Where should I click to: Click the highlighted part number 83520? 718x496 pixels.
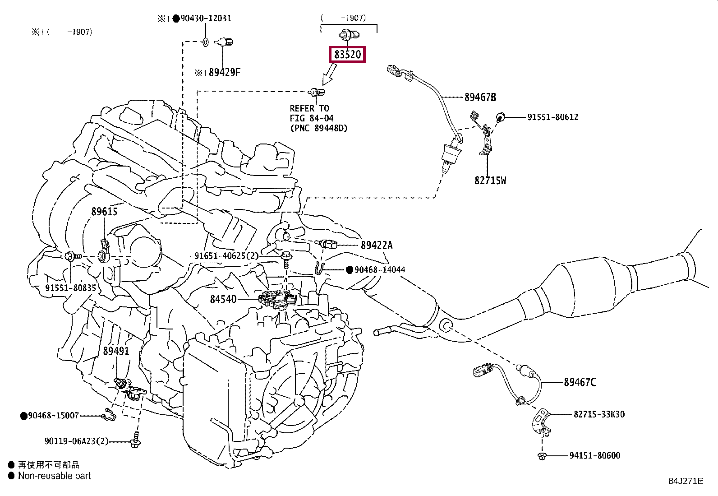pyautogui.click(x=347, y=55)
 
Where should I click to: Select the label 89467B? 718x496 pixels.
pyautogui.click(x=480, y=97)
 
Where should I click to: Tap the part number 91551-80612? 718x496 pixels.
pyautogui.click(x=553, y=117)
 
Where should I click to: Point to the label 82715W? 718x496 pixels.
pyautogui.click(x=490, y=181)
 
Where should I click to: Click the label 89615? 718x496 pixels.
pyautogui.click(x=105, y=212)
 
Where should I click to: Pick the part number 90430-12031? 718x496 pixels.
pyautogui.click(x=206, y=19)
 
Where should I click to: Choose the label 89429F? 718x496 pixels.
pyautogui.click(x=225, y=73)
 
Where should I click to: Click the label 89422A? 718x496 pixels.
pyautogui.click(x=377, y=246)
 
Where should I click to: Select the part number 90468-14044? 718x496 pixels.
pyautogui.click(x=380, y=270)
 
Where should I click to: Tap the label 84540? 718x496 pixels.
pyautogui.click(x=223, y=299)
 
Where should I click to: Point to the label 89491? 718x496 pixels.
pyautogui.click(x=116, y=351)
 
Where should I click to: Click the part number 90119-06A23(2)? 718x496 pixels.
pyautogui.click(x=76, y=441)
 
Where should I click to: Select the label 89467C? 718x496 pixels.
pyautogui.click(x=580, y=382)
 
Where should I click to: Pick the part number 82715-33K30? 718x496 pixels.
pyautogui.click(x=599, y=414)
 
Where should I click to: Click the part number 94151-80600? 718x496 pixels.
pyautogui.click(x=594, y=455)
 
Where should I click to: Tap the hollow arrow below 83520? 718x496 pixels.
pyautogui.click(x=330, y=74)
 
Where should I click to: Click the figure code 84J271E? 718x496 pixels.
pyautogui.click(x=686, y=481)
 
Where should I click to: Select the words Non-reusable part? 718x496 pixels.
pyautogui.click(x=55, y=476)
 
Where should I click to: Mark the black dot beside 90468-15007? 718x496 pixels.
pyautogui.click(x=24, y=416)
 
